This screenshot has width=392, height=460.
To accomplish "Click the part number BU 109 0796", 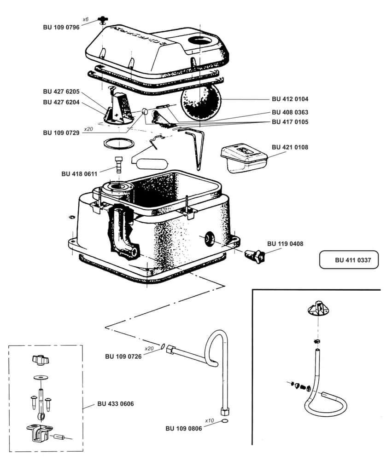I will coord(61,28).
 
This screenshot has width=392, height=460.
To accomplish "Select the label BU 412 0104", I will coord(290,99).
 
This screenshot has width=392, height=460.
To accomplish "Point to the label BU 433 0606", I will coord(116,404).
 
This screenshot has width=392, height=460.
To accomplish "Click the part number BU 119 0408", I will coord(285,244).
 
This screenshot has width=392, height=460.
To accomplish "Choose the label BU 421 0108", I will coord(290,147).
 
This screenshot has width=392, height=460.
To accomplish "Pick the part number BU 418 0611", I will coord(79,174).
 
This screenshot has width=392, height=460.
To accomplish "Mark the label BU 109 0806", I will coord(184,428).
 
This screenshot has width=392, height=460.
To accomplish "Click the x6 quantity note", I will coord(85,19).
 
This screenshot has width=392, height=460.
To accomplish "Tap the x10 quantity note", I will coord(210,420).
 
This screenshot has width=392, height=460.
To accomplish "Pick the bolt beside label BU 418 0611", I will coord(119,164).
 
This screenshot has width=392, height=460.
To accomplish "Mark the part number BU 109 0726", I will coord(123,356).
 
